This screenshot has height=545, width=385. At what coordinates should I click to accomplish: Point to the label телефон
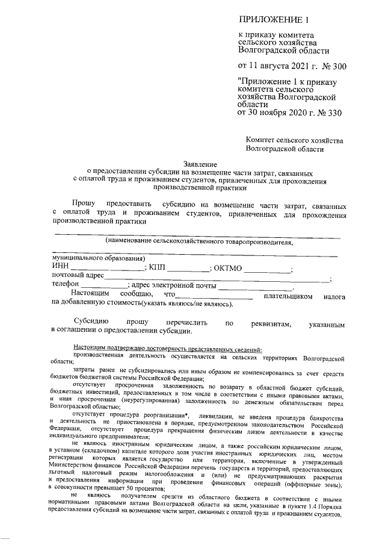click(x=66, y=285)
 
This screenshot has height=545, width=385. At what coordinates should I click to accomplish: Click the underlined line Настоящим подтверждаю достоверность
click(x=167, y=349)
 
